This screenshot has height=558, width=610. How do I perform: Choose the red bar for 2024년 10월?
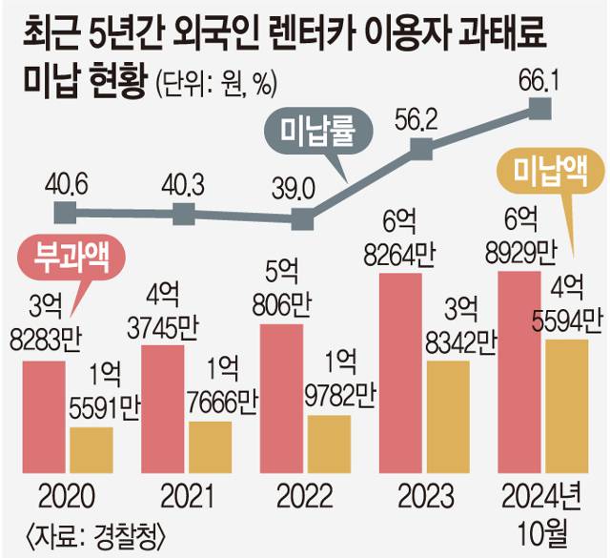tap(521, 373)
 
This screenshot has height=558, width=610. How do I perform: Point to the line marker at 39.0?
tap(304, 219)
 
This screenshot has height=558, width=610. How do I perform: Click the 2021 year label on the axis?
tap(186, 497)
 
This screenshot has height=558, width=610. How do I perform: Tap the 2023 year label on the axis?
tap(425, 497)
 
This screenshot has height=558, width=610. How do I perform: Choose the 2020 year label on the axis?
tap(67, 497)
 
